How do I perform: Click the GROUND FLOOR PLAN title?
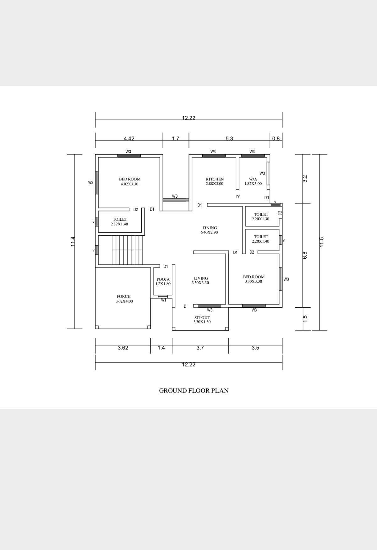pos(194,391)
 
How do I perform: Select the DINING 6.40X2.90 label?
pos(210,230)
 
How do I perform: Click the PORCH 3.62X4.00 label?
pos(124,299)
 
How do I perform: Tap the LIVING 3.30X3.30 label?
pos(201,280)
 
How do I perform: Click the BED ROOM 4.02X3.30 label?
pos(129,182)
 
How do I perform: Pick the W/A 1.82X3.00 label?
pos(253,181)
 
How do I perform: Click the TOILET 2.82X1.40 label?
pos(120,222)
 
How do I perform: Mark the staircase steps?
pos(128,250)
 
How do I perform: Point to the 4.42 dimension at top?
pos(129,138)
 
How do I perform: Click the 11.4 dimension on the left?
pos(73,241)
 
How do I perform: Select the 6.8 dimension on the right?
pos(305,255)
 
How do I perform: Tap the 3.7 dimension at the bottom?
pos(200,348)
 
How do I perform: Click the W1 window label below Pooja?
pos(164,300)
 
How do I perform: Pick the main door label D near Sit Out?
pos(185,306)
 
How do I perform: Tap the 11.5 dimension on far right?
pos(321,242)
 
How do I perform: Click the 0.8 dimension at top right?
pos(276,138)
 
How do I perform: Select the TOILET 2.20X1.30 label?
pos(261,217)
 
